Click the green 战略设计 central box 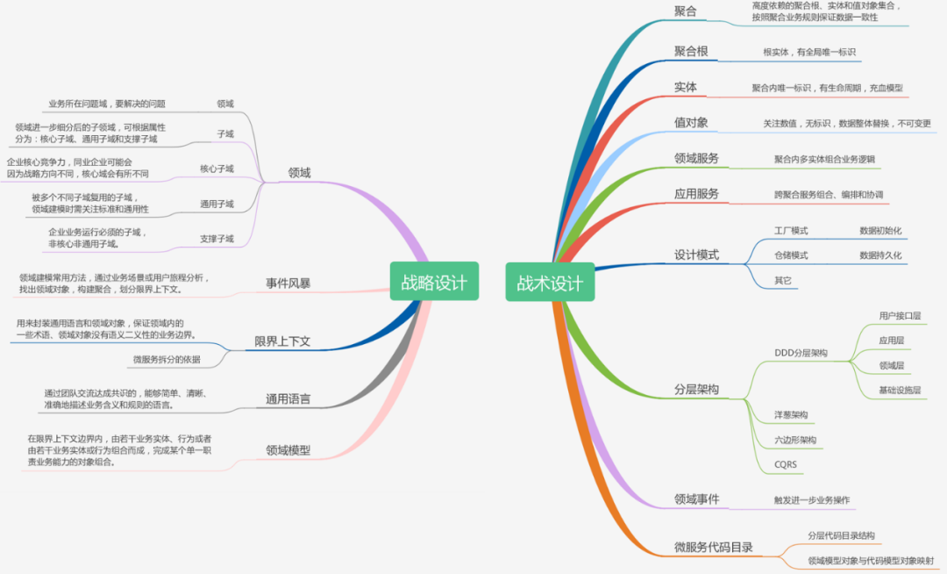[x=434, y=282]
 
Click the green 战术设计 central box [x=550, y=283]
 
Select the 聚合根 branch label [x=691, y=51]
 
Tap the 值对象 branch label [x=691, y=122]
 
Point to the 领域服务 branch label [x=696, y=158]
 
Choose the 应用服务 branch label [x=696, y=193]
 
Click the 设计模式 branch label [x=696, y=255]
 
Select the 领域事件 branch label [x=696, y=499]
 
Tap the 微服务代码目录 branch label [x=713, y=547]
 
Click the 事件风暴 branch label [x=288, y=283]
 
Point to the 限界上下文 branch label [x=282, y=341]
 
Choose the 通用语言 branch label [x=288, y=399]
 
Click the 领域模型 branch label [x=288, y=450]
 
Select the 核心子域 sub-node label [x=217, y=169]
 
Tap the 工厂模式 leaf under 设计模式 [x=791, y=230]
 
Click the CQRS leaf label [x=786, y=464]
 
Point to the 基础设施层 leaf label [x=900, y=390]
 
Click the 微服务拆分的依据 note [x=167, y=359]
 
